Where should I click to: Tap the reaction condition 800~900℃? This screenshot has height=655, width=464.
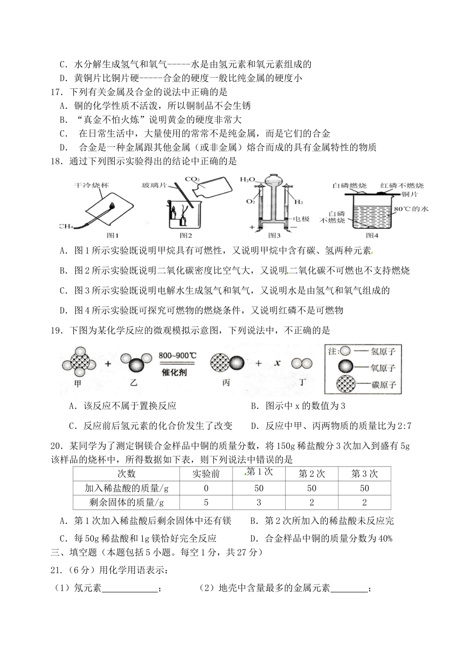coord(177,355)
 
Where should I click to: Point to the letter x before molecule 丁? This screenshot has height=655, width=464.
coord(277,363)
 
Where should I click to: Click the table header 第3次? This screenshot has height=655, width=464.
coord(364,473)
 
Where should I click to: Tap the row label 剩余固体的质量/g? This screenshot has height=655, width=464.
coord(126,502)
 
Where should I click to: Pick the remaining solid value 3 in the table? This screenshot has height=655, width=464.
coord(259,502)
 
